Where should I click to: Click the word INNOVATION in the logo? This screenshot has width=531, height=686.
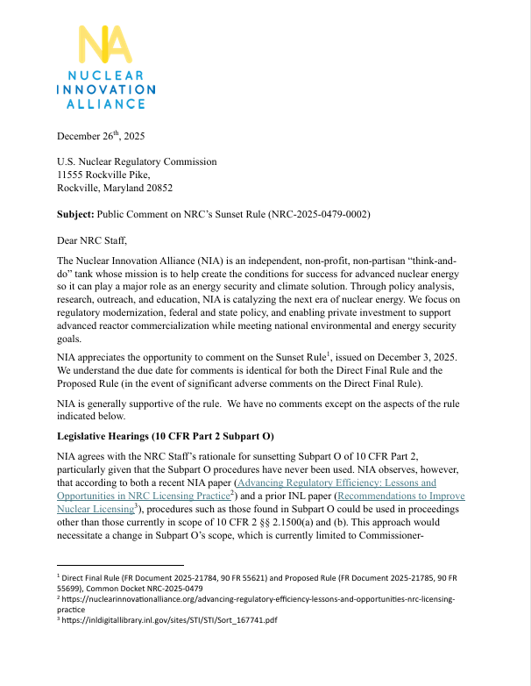[105, 89]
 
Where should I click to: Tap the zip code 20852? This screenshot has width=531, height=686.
[157, 188]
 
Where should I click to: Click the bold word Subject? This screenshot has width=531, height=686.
[79, 213]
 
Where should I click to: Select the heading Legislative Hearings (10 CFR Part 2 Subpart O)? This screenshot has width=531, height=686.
[166, 436]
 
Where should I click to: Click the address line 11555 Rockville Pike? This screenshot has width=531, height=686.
[105, 175]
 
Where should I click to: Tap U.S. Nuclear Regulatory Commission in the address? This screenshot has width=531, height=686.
[137, 161]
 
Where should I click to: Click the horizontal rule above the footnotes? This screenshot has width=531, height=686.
[120, 565]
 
